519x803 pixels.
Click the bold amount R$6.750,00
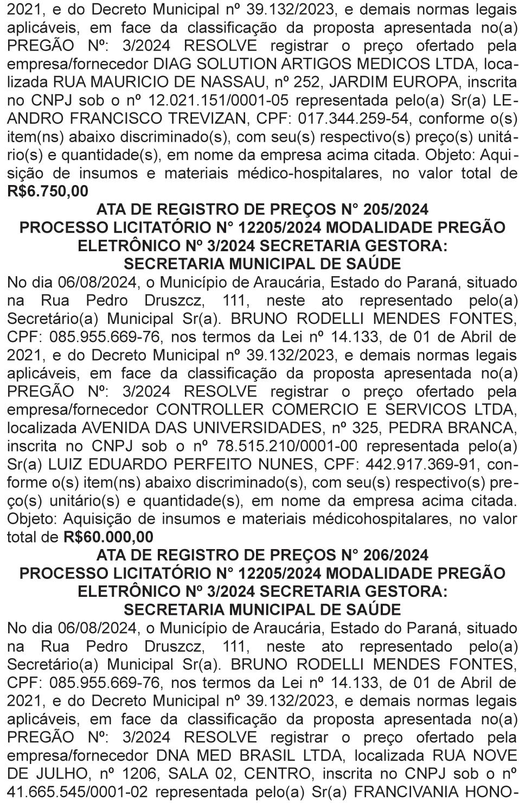47,192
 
